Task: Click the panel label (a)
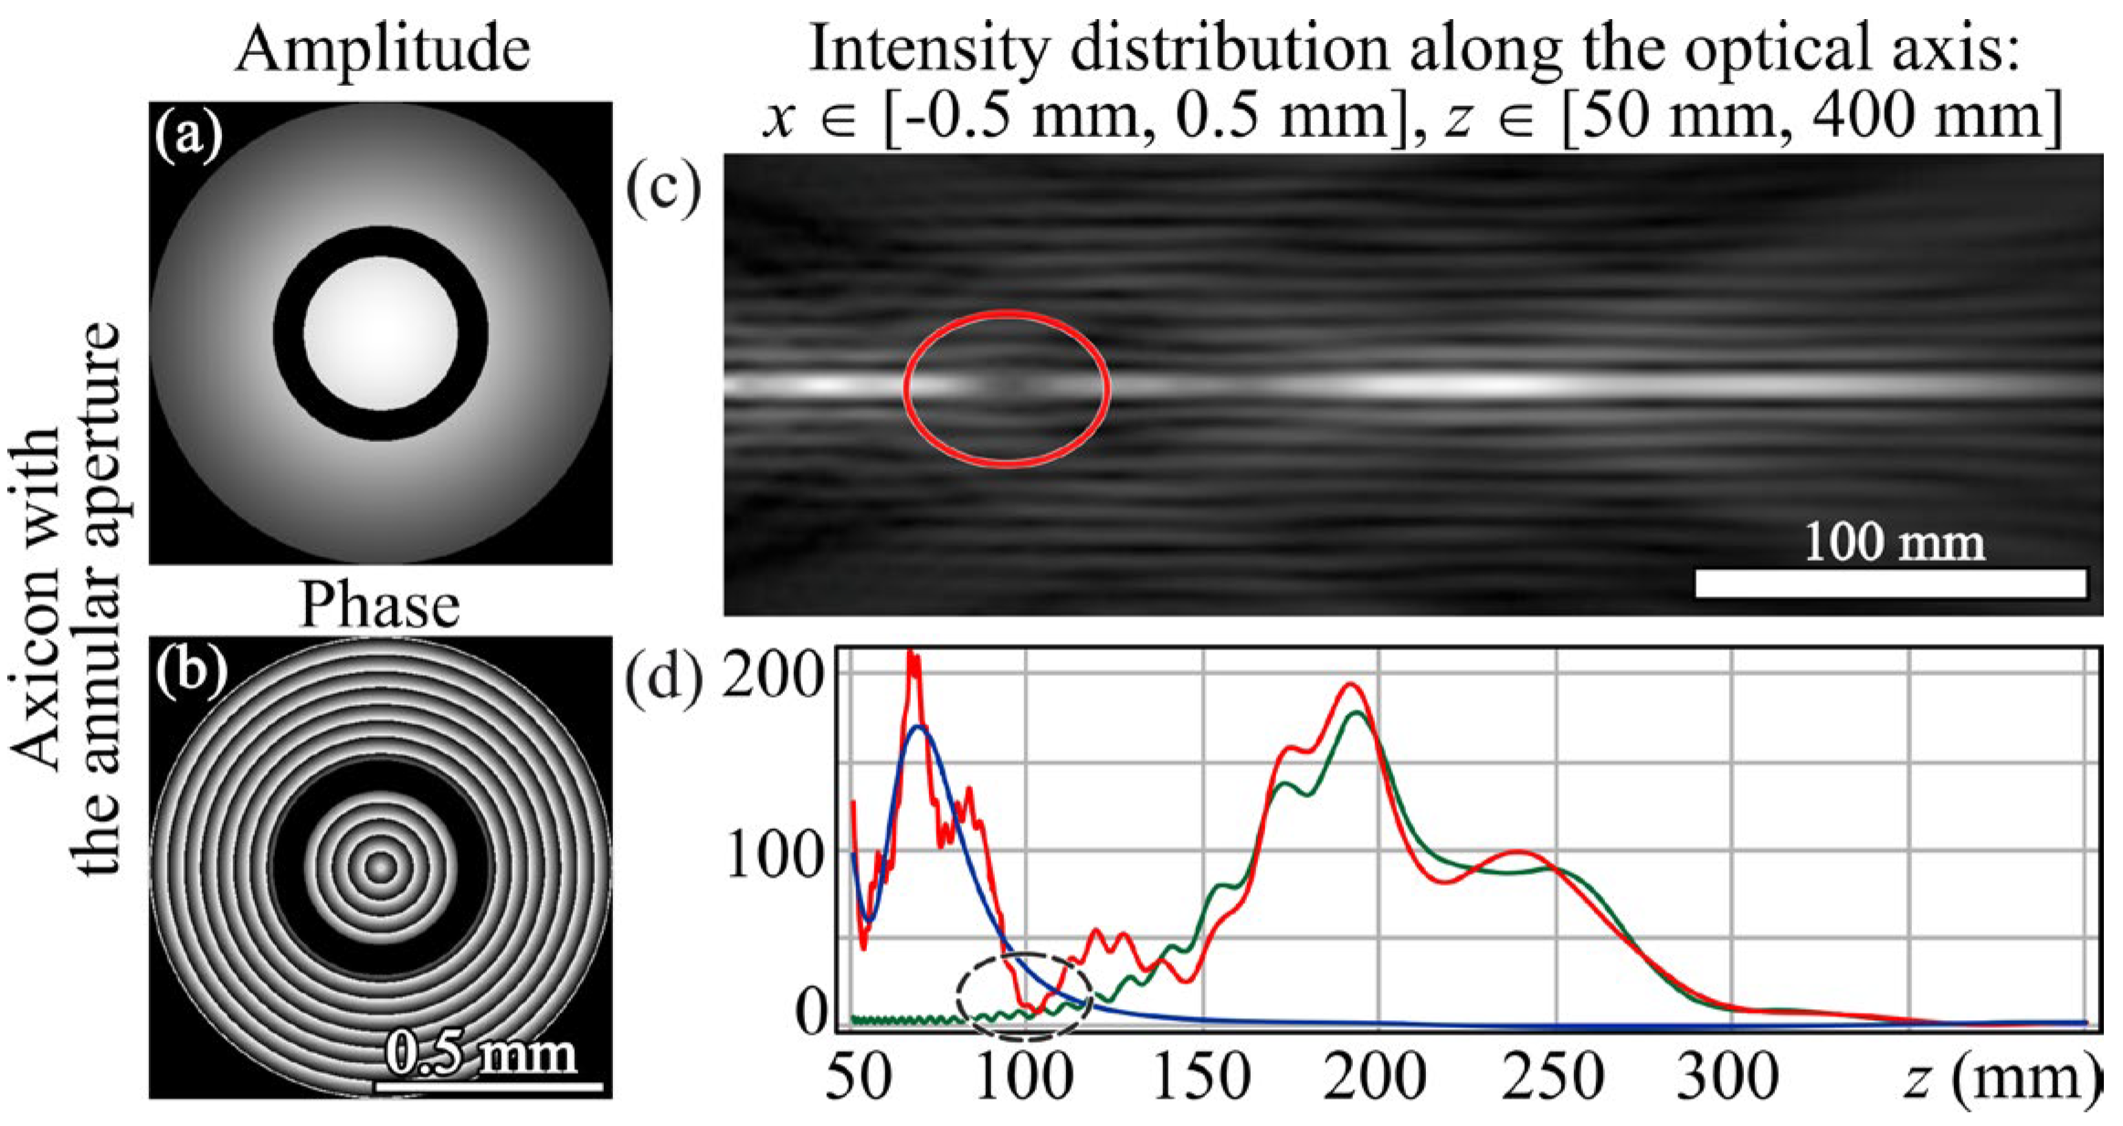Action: click(x=188, y=137)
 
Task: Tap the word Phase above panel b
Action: click(x=379, y=605)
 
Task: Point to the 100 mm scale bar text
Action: click(x=1894, y=542)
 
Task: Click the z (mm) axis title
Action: click(x=2001, y=1078)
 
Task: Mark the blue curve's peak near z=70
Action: click(x=919, y=727)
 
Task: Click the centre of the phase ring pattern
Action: click(x=381, y=867)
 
